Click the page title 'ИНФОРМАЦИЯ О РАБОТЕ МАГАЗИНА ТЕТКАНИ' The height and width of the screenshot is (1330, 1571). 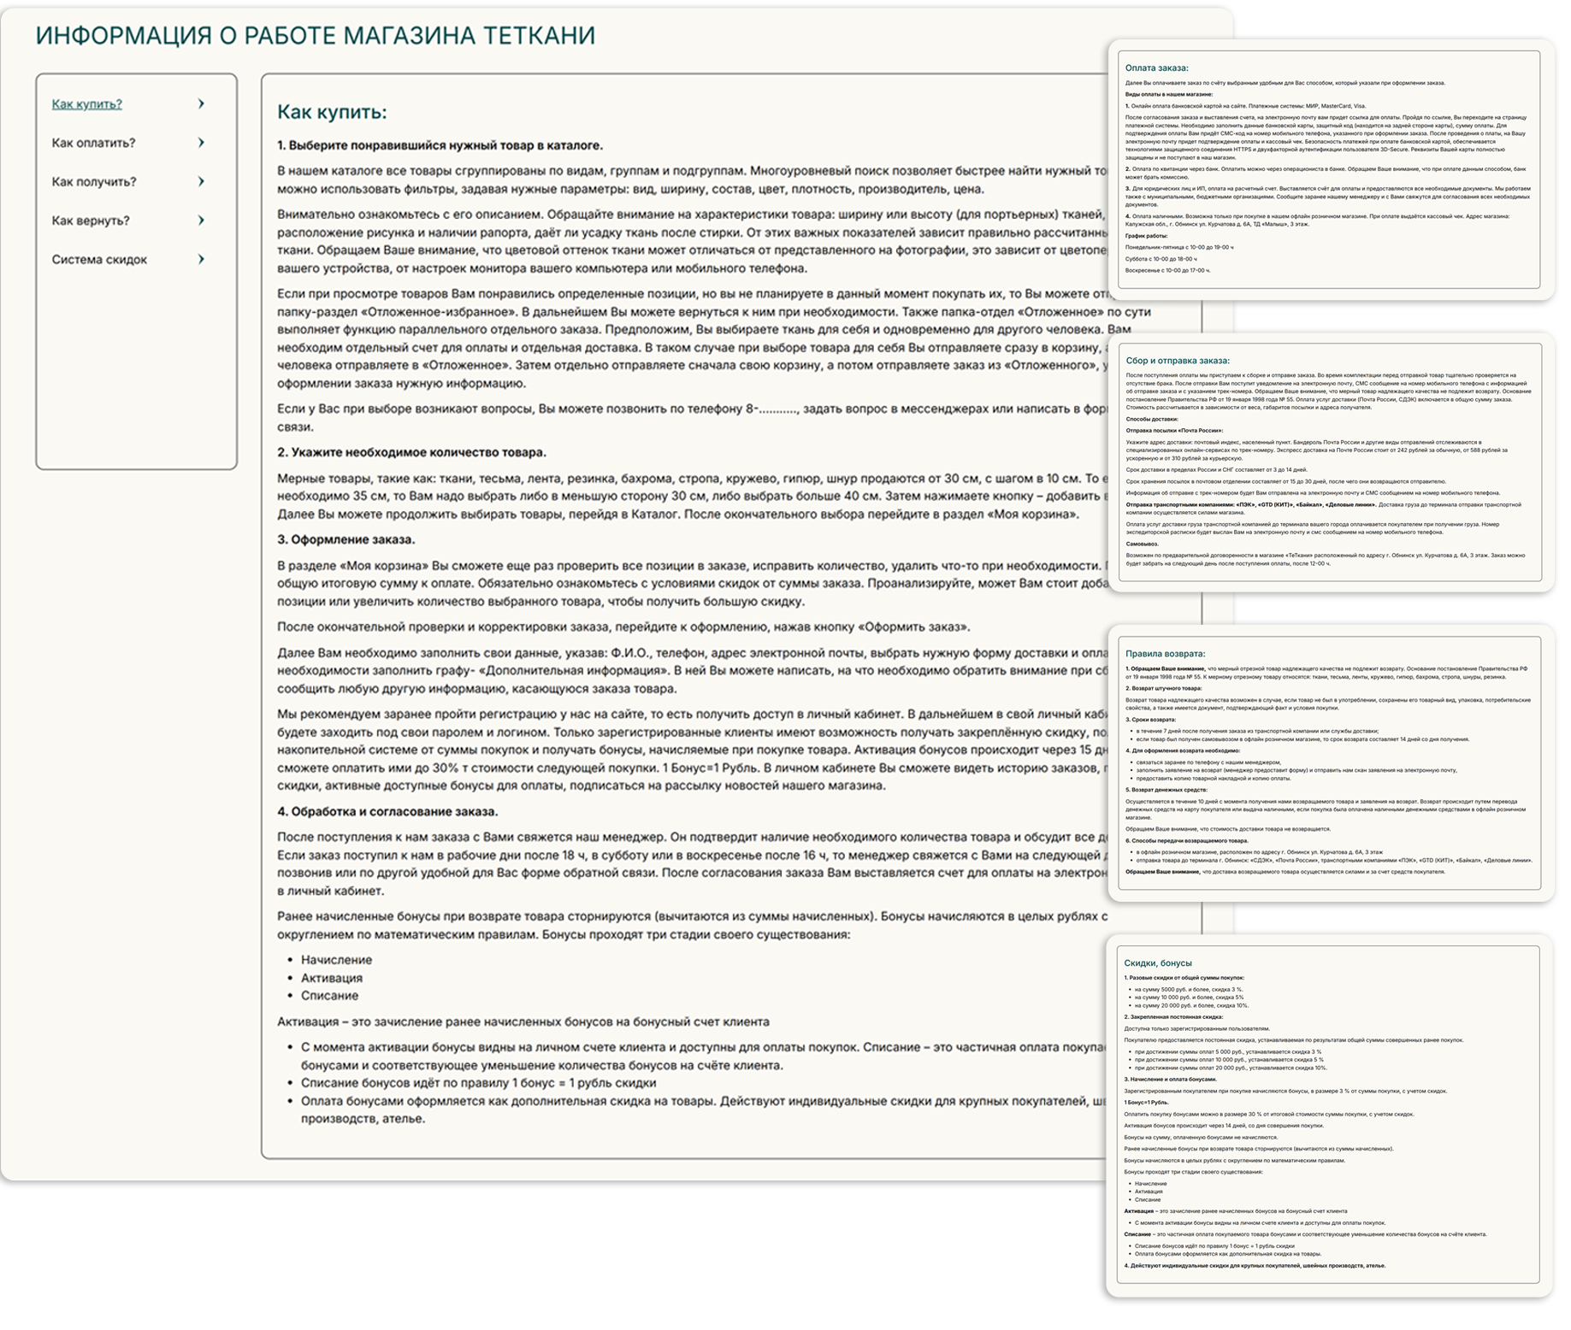click(x=315, y=36)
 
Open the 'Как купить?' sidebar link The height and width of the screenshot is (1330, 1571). click(x=87, y=104)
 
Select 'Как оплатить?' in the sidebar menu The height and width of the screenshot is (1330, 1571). click(x=93, y=143)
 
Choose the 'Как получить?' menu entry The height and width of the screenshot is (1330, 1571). click(x=94, y=181)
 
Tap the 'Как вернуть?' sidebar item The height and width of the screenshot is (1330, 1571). click(x=91, y=221)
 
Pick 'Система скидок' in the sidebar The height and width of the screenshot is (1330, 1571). click(x=99, y=259)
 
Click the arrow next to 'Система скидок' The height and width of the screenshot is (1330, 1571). click(x=201, y=259)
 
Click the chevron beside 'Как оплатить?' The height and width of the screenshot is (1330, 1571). click(x=201, y=143)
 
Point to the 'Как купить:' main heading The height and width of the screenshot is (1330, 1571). click(x=332, y=112)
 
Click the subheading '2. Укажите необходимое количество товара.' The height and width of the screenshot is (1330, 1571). click(x=411, y=452)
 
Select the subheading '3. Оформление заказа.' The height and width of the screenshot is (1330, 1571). click(x=346, y=539)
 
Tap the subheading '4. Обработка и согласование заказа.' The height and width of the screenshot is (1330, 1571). click(x=387, y=811)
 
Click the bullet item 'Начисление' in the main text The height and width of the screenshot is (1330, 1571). click(x=336, y=960)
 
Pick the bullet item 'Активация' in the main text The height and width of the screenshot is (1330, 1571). click(x=332, y=978)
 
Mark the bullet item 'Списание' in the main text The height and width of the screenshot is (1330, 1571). click(x=329, y=996)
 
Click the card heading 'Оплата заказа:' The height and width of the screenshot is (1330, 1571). click(x=1156, y=68)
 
